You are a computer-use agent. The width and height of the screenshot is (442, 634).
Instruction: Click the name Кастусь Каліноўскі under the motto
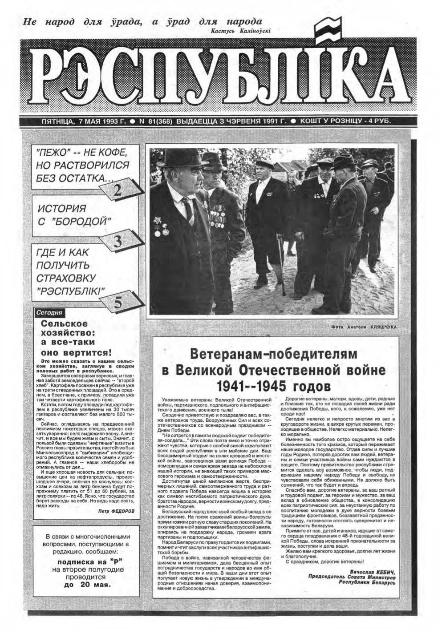click(x=239, y=31)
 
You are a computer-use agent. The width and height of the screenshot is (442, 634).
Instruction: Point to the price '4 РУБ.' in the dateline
click(x=378, y=121)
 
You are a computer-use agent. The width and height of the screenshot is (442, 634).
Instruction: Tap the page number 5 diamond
click(x=118, y=302)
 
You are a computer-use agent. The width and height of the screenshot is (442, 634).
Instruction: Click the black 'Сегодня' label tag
click(x=49, y=313)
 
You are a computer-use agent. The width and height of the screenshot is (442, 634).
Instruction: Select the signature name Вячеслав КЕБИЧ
click(x=373, y=571)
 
